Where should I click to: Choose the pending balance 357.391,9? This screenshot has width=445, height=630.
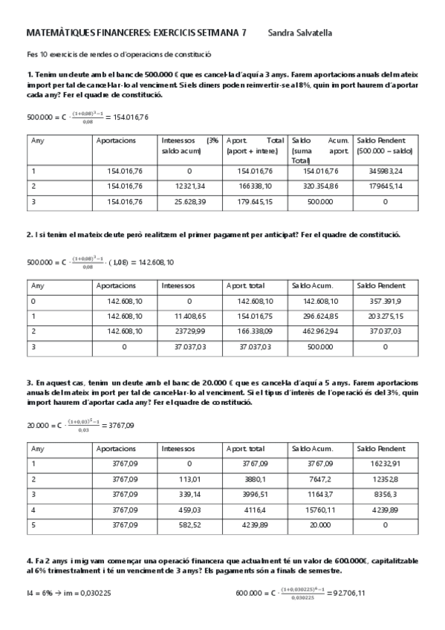tap(384, 301)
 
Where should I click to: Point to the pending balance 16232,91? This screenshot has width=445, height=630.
tap(384, 463)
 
